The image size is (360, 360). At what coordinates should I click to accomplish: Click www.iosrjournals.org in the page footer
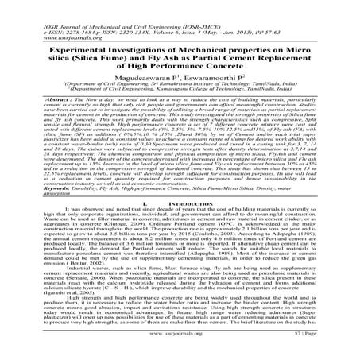tap(180, 346)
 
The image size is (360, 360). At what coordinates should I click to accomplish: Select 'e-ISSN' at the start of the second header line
tap(22, 14)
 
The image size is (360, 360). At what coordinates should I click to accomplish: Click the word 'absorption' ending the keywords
tap(30, 194)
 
